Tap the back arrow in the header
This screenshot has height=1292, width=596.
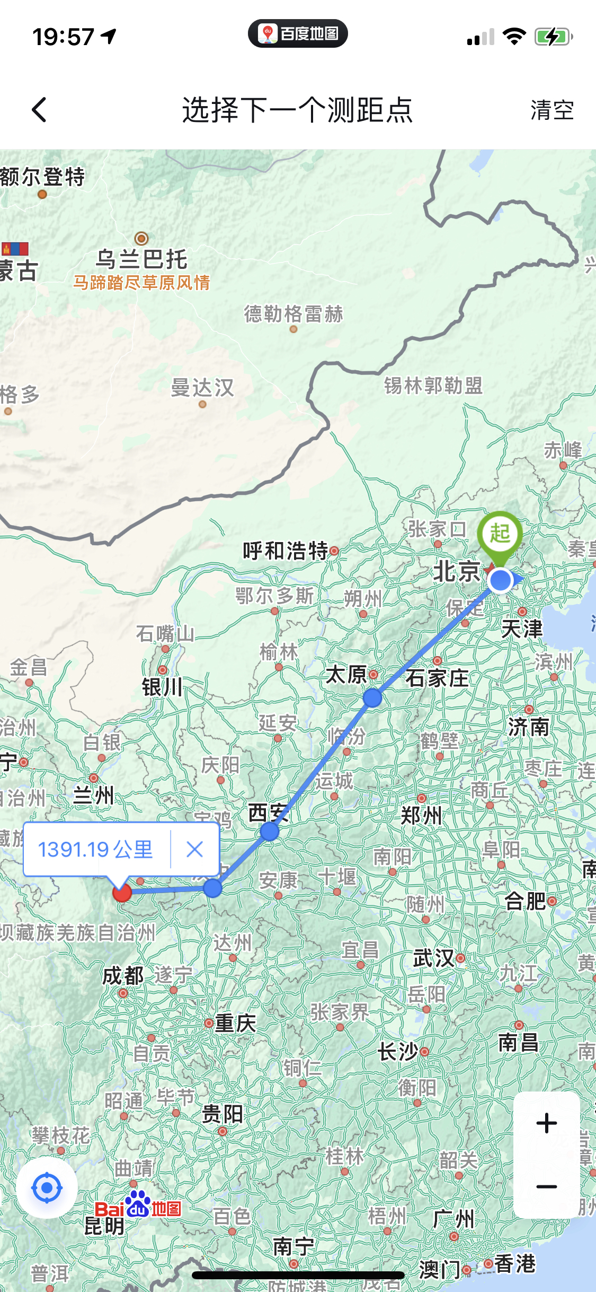click(x=39, y=110)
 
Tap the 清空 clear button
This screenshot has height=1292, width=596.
click(x=552, y=110)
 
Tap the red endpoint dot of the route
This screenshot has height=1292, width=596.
click(x=122, y=893)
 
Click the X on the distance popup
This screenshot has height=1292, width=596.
click(x=195, y=850)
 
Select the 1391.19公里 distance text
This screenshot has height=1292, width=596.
click(x=95, y=850)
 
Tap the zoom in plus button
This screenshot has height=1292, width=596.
click(x=546, y=1123)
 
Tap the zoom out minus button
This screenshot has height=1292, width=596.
click(x=546, y=1186)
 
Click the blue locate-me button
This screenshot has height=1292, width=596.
click(x=47, y=1188)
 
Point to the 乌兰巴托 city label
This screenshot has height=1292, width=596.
click(x=141, y=259)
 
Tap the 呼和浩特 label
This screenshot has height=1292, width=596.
click(x=286, y=551)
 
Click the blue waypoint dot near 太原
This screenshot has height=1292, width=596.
click(x=372, y=698)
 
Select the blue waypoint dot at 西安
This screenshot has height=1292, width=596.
click(x=270, y=831)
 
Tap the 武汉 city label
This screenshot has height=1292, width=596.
click(x=433, y=958)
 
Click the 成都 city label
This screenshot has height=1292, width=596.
click(x=123, y=975)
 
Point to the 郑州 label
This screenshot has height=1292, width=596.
click(x=421, y=815)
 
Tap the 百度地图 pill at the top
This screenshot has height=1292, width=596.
click(x=298, y=34)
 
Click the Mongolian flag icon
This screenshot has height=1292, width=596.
click(x=15, y=249)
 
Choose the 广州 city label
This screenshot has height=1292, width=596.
click(x=453, y=1219)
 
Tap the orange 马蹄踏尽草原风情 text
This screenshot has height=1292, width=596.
click(x=141, y=283)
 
